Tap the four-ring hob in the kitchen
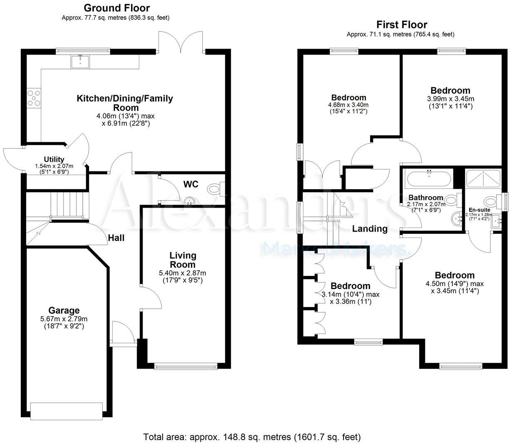pyautogui.click(x=33, y=98)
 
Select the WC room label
pyautogui.click(x=191, y=184)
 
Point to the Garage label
pyautogui.click(x=64, y=310)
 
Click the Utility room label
pyautogui.click(x=54, y=159)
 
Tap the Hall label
pyautogui.click(x=116, y=238)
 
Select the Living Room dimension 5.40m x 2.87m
pyautogui.click(x=183, y=273)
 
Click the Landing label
pyautogui.click(x=370, y=228)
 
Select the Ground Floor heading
pyautogui.click(x=117, y=7)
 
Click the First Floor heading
pyautogui.click(x=402, y=25)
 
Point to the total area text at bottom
pyautogui.click(x=252, y=437)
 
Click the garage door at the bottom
pyautogui.click(x=66, y=411)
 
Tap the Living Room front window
pyautogui.click(x=185, y=366)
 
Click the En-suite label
pyautogui.click(x=479, y=210)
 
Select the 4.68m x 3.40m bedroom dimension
pyautogui.click(x=348, y=105)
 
